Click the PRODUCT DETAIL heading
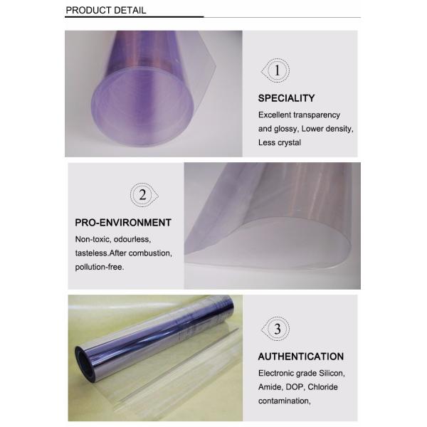106,11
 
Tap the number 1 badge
275,70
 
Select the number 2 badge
144,195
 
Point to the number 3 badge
275,329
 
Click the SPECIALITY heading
287,98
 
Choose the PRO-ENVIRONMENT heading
123,223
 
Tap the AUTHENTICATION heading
301,357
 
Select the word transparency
317,115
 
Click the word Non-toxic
93,239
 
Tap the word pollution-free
100,267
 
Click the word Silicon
332,373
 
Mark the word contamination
285,401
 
